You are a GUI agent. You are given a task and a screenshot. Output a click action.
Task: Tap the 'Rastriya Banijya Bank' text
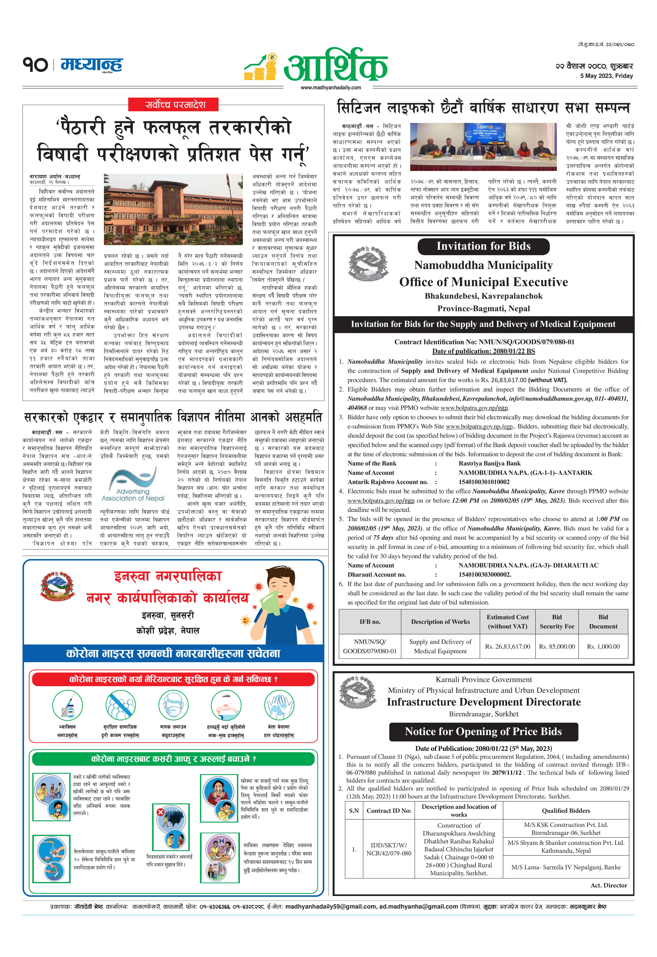489,463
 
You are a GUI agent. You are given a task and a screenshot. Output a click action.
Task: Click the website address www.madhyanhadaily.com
331,87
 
